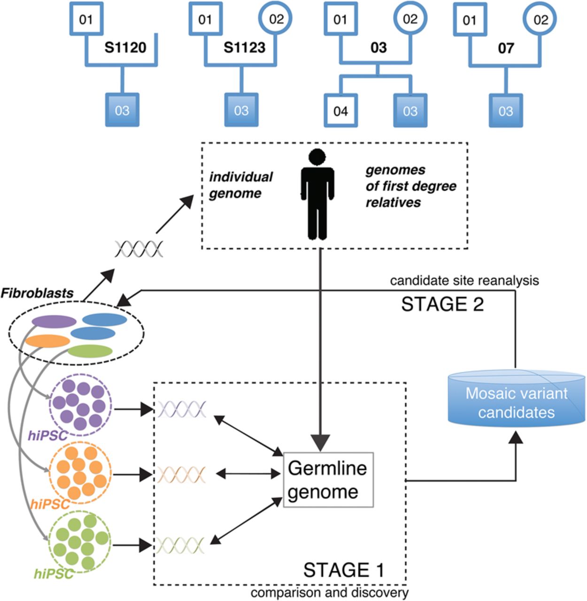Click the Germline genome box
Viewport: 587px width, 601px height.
(x=328, y=480)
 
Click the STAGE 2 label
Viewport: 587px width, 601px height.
(x=442, y=304)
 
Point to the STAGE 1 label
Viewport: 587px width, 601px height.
(x=344, y=570)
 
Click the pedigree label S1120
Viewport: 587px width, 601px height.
(x=125, y=47)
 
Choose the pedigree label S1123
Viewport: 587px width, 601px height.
(x=244, y=47)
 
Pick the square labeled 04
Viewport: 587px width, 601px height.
(x=341, y=111)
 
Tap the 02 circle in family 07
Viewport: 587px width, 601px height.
(x=541, y=20)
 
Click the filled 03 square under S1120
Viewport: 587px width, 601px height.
(x=122, y=110)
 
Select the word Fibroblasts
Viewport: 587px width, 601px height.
(x=37, y=293)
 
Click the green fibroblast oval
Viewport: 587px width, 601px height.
(x=90, y=351)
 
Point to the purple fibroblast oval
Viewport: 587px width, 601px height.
(x=54, y=322)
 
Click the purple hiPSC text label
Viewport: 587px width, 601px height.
(x=47, y=436)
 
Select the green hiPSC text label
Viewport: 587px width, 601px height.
(x=54, y=573)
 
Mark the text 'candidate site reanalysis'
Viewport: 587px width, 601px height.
(x=464, y=281)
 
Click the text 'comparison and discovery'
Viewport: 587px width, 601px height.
(x=329, y=593)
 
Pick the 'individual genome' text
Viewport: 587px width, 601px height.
(x=240, y=185)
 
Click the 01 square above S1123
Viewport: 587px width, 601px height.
(x=205, y=20)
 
